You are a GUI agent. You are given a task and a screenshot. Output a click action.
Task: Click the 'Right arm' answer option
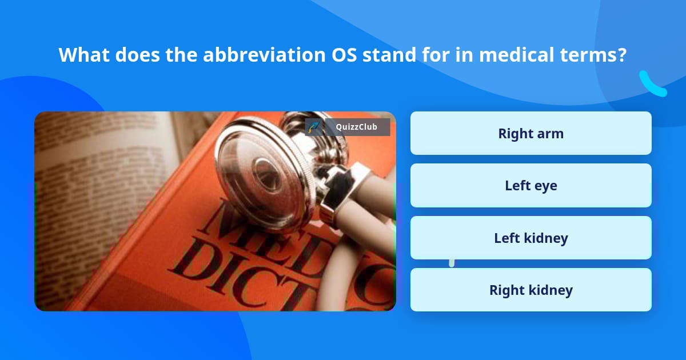(531, 133)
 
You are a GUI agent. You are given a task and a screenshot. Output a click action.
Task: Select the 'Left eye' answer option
(531, 186)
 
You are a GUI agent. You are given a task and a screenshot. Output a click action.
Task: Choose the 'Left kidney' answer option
(531, 238)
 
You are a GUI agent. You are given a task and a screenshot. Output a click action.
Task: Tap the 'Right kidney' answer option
(531, 290)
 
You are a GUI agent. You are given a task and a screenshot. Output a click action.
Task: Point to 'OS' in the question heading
(345, 55)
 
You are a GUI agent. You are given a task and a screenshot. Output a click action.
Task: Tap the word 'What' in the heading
(84, 55)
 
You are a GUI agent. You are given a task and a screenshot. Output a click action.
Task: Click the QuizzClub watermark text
(357, 127)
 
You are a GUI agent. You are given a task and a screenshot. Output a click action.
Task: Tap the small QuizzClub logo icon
(313, 127)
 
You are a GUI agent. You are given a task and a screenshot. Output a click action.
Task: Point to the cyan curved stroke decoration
(652, 85)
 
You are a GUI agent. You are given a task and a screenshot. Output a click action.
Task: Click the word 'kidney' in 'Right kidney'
(551, 290)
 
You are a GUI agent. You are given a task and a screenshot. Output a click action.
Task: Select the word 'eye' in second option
(546, 186)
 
